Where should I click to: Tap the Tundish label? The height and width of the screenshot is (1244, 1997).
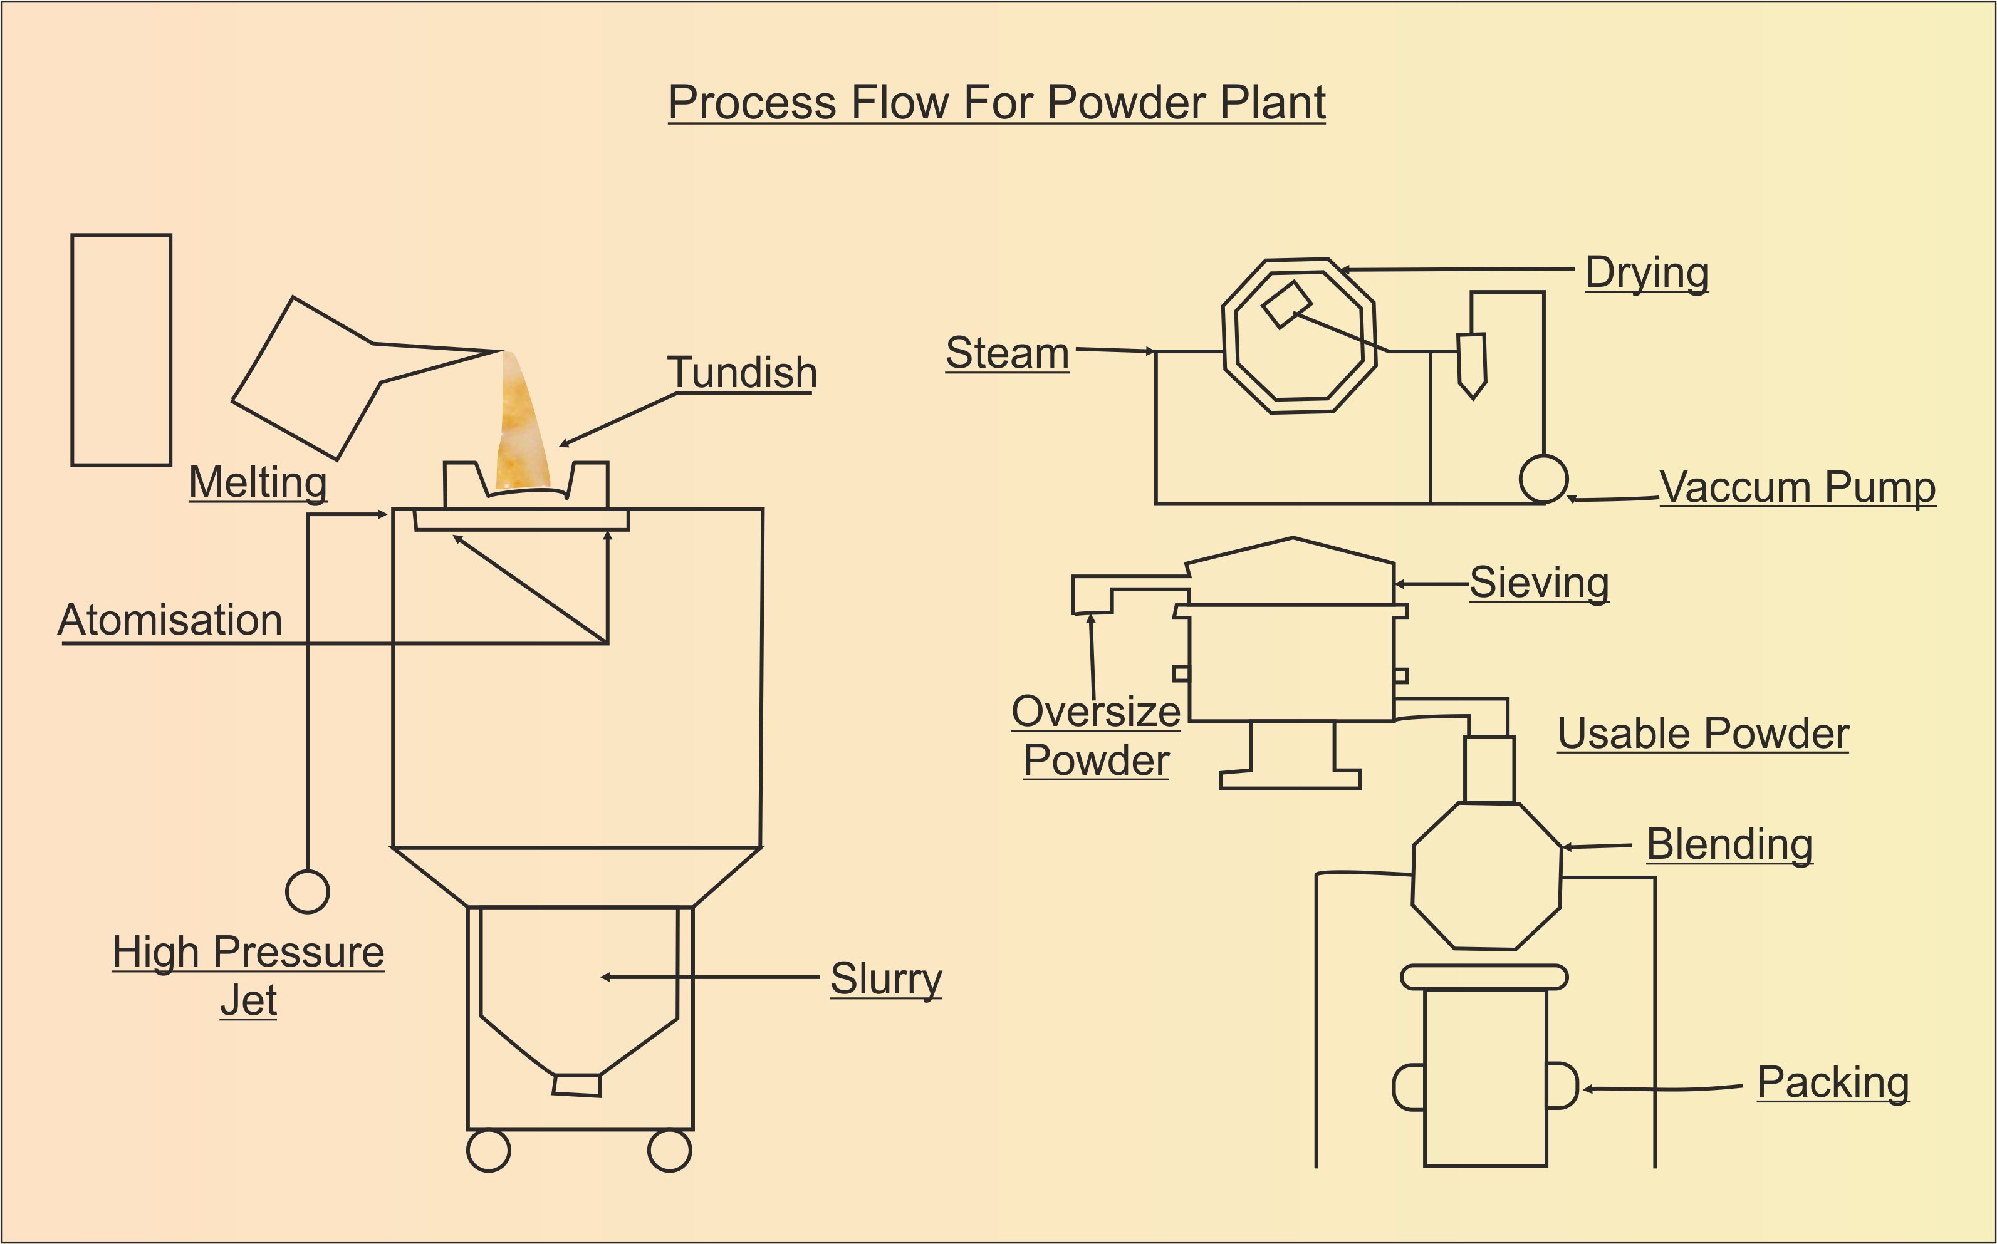click(x=742, y=373)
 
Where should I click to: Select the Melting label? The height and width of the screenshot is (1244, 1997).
click(x=258, y=482)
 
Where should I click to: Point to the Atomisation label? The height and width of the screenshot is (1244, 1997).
click(x=170, y=620)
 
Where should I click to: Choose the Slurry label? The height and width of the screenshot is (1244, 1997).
click(x=886, y=979)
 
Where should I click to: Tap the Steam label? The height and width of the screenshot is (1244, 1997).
click(x=1007, y=353)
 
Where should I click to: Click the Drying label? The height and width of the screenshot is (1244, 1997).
click(x=1647, y=273)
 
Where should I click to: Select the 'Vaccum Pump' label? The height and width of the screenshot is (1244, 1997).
click(x=1798, y=487)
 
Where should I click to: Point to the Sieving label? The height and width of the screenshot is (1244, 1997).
click(x=1540, y=583)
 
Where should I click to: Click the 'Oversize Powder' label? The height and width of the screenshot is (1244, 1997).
click(x=1096, y=735)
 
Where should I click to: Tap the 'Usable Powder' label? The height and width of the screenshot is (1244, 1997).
click(x=1703, y=733)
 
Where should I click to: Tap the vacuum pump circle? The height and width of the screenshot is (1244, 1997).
click(x=1543, y=479)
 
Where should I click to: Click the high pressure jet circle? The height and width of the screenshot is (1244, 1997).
click(x=308, y=892)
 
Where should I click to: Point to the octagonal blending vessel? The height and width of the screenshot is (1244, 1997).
click(x=1487, y=876)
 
